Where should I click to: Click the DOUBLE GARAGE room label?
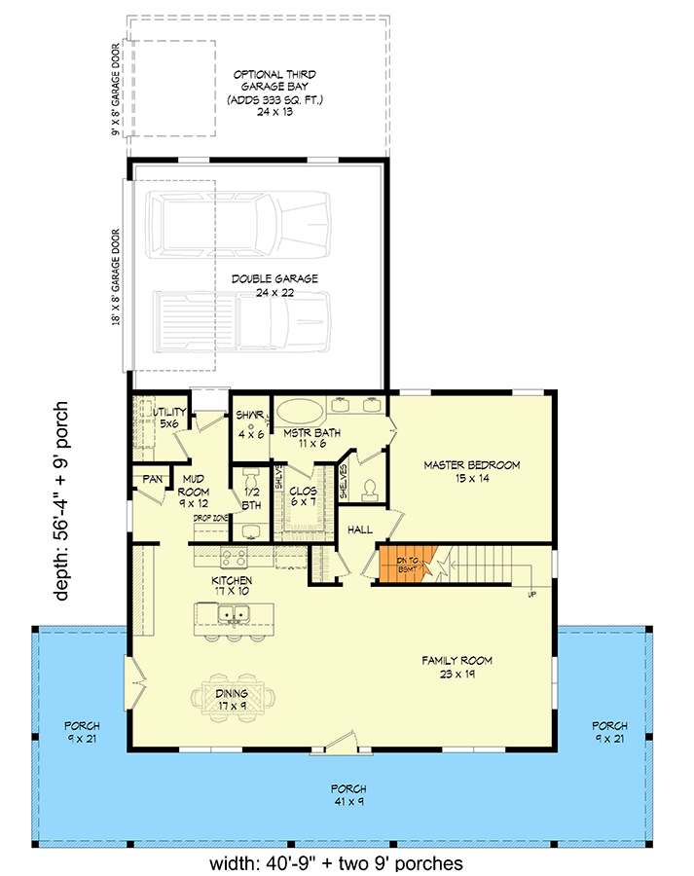click(x=261, y=285)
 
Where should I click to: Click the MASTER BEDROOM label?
click(x=471, y=472)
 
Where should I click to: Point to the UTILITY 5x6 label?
click(x=171, y=418)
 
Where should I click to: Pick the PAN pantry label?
click(x=152, y=479)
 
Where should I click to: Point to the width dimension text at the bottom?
click(x=336, y=862)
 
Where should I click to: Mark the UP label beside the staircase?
click(x=530, y=593)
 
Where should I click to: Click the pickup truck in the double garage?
click(x=243, y=328)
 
